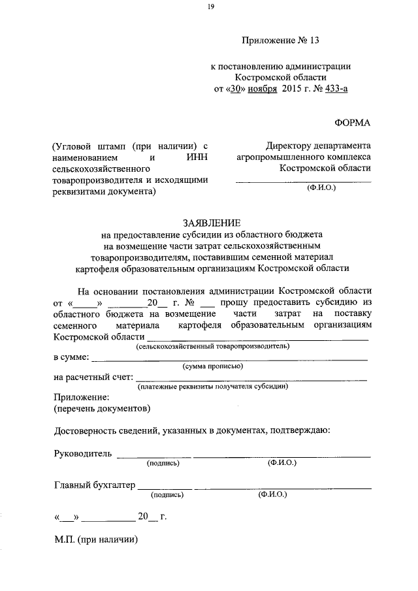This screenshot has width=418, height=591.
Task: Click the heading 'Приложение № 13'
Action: tap(280, 40)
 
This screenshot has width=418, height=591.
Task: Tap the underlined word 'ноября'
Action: tap(262, 89)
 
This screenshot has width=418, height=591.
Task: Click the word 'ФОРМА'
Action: tap(352, 123)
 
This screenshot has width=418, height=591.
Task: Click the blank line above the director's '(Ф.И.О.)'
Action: tap(303, 181)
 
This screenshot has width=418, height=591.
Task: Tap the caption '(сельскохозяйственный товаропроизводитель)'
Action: tap(213, 347)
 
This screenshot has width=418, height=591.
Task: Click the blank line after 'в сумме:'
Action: tap(228, 359)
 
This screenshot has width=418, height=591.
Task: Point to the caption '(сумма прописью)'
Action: tap(213, 366)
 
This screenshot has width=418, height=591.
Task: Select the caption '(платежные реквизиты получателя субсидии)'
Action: tap(213, 387)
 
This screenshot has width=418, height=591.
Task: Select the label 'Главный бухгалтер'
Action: tap(94, 485)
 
